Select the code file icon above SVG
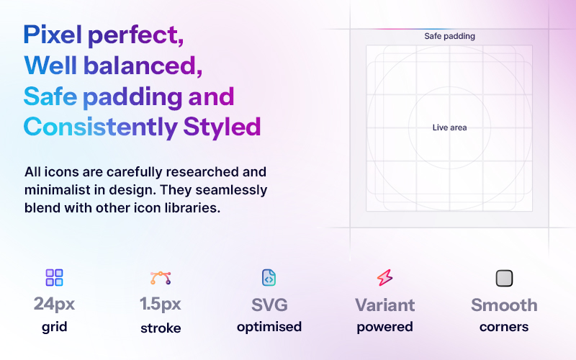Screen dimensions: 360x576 (x=269, y=277)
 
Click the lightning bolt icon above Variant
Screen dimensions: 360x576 (x=384, y=278)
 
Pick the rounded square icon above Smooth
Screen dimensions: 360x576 (x=504, y=278)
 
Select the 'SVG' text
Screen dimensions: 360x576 (x=269, y=304)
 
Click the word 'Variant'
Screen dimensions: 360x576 (x=384, y=304)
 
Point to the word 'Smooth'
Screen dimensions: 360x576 (x=504, y=304)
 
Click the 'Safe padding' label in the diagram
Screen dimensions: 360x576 (x=449, y=36)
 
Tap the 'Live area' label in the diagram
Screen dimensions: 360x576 (x=449, y=127)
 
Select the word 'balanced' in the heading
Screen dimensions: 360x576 (x=143, y=66)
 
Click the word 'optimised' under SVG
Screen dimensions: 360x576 (x=269, y=327)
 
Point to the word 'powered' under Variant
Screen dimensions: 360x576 (x=384, y=327)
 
